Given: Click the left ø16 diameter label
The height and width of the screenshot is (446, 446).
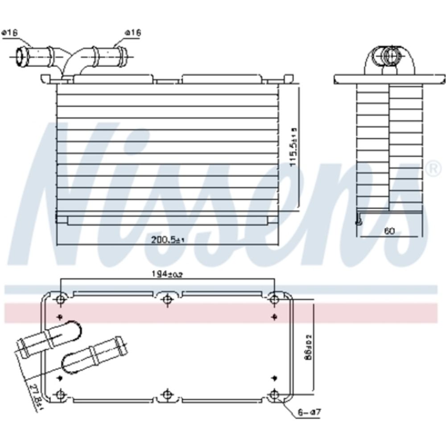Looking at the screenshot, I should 9,33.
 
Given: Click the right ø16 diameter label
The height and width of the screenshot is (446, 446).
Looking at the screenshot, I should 133,33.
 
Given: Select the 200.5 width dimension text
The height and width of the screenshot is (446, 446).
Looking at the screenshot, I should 168,240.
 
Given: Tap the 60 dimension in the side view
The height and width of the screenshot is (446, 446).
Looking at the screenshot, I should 389,231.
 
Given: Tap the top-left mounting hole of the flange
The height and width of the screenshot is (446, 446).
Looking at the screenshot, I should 61,298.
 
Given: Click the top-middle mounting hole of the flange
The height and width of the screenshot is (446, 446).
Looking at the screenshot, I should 167,298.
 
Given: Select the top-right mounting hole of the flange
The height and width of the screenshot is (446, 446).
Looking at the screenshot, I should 275,298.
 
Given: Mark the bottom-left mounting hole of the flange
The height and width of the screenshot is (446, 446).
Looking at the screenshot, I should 61,394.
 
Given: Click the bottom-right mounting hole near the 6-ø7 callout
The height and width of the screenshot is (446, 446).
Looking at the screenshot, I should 275,394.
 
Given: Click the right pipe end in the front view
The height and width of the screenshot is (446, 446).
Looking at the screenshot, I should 125,55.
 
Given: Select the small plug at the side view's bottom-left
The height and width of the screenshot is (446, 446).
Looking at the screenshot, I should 358,222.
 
